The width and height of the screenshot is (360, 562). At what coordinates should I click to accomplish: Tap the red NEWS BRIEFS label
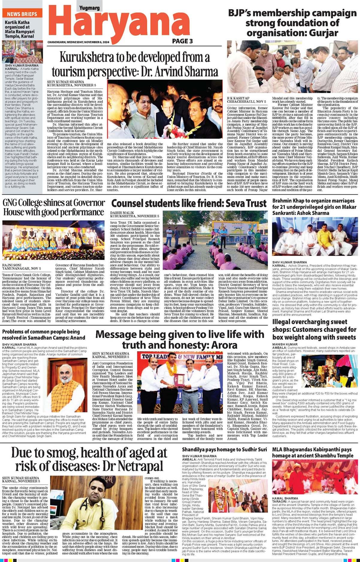pos(22,14)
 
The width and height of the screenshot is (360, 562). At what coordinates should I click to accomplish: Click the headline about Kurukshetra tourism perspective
pos(135,64)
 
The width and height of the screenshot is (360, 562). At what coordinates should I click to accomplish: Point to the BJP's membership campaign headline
pos(292,23)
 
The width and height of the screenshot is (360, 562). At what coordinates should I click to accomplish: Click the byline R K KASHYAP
pos(238,98)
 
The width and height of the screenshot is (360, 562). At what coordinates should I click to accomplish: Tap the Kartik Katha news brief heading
pos(19,29)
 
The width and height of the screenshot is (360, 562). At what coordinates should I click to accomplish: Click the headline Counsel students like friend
pos(189,203)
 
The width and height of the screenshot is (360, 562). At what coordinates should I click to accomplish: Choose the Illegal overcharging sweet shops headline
pos(314,329)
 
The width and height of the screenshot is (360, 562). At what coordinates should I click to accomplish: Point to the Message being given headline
pos(180,339)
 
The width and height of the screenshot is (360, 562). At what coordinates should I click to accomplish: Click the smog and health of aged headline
pos(89,459)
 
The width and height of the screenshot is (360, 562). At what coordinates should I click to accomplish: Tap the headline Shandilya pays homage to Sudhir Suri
pos(224,450)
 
